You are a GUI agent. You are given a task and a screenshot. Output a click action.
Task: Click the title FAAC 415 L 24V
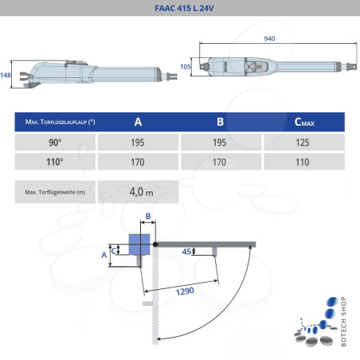179,10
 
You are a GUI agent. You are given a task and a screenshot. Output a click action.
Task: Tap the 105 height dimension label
186,68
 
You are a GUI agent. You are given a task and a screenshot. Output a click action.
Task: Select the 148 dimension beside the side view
6,74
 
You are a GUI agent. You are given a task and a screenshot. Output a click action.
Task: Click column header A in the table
138,122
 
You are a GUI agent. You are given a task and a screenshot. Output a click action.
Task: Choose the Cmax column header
303,122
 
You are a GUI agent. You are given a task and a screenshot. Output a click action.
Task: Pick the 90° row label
55,142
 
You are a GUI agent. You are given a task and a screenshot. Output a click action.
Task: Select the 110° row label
55,162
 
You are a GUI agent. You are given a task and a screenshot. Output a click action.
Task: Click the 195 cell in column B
220,142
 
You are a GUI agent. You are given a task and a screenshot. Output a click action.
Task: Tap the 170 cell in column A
138,162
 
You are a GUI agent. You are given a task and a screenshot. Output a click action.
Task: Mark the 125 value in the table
303,142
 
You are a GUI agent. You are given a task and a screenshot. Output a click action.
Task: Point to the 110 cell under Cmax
303,162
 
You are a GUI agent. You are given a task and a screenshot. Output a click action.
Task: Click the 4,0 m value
140,192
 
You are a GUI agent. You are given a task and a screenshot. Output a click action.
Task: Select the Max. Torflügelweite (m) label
55,192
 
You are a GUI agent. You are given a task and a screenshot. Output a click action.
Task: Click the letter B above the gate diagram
148,216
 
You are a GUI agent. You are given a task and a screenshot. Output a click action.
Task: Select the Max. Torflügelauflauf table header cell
55,122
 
